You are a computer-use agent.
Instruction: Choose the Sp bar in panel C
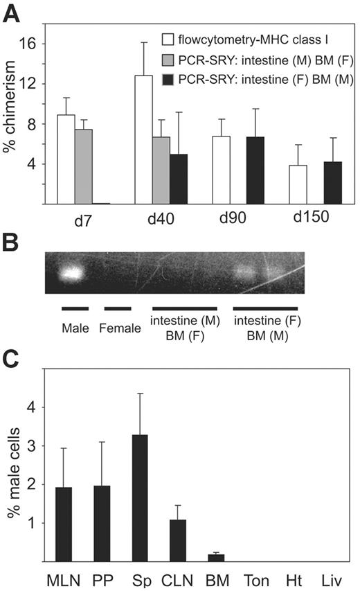click(x=139, y=498)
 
